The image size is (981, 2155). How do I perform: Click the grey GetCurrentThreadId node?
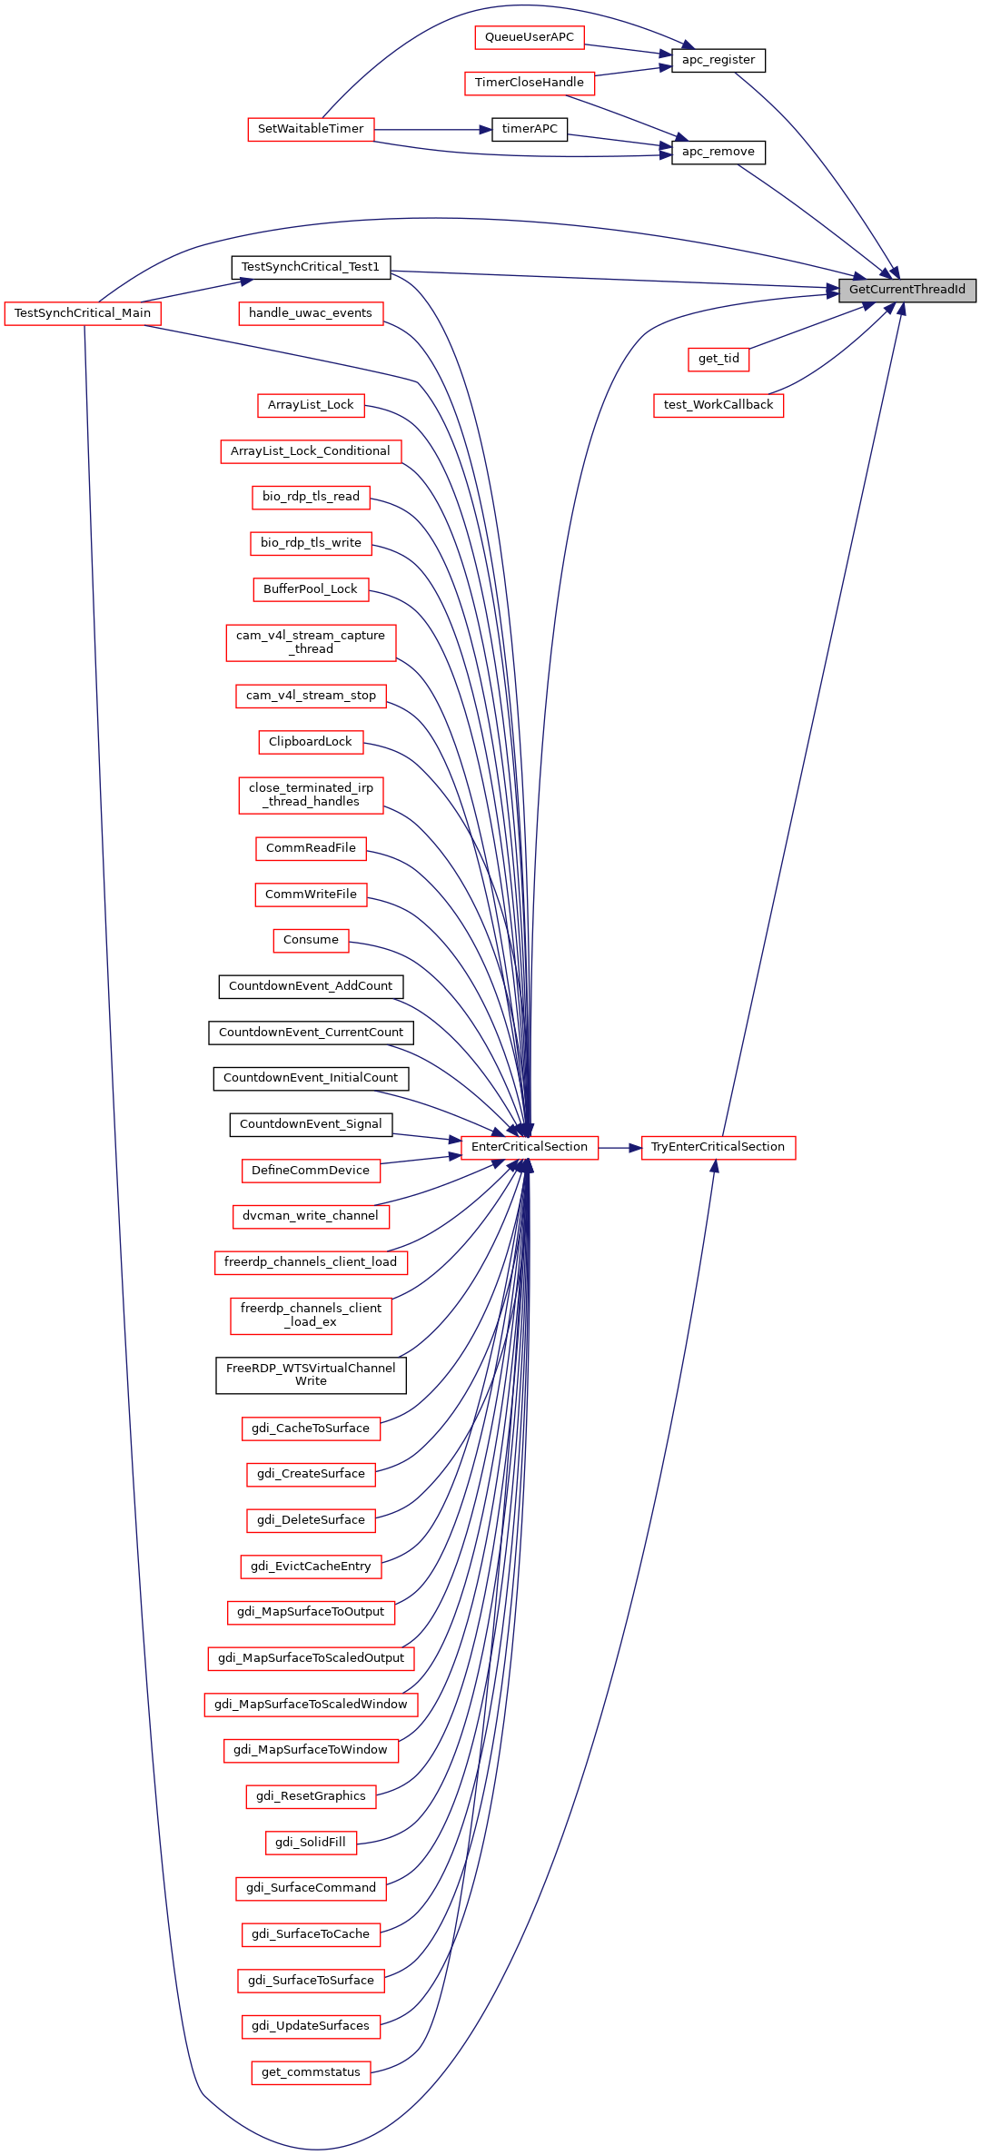[907, 290]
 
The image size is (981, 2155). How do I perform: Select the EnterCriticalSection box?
[530, 1147]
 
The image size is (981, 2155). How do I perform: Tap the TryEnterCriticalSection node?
[718, 1147]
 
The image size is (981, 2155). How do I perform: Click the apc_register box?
[718, 60]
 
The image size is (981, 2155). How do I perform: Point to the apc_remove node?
[718, 152]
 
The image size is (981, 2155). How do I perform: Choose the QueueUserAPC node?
[530, 37]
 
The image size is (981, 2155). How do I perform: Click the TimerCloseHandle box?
[530, 83]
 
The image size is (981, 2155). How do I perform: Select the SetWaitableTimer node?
[311, 129]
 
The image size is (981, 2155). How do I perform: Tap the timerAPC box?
[530, 129]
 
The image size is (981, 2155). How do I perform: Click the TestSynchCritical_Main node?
[83, 313]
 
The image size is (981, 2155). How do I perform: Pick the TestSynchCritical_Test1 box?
[311, 267]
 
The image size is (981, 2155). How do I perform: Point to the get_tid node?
[718, 359]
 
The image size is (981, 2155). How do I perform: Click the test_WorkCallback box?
[718, 405]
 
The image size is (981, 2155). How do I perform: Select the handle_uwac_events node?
[311, 313]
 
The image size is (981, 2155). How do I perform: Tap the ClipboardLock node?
[311, 742]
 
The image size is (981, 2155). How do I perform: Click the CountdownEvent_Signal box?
[311, 1124]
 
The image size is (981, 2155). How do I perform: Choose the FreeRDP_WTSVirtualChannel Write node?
[311, 1375]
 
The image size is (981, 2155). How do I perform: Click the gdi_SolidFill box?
[311, 1842]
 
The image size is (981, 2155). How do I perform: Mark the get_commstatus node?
[311, 2072]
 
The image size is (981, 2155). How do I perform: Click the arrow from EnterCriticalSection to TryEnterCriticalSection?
[620, 1148]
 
